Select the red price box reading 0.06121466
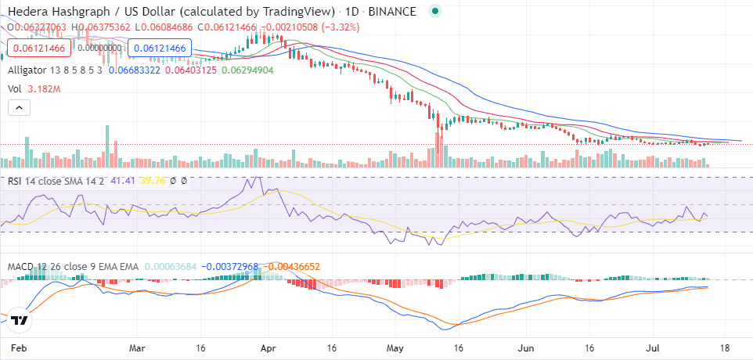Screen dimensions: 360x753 (x=37, y=49)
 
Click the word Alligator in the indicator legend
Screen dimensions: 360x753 (x=32, y=70)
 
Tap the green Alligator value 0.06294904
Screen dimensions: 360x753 (x=247, y=70)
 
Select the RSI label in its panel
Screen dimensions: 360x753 (x=16, y=181)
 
